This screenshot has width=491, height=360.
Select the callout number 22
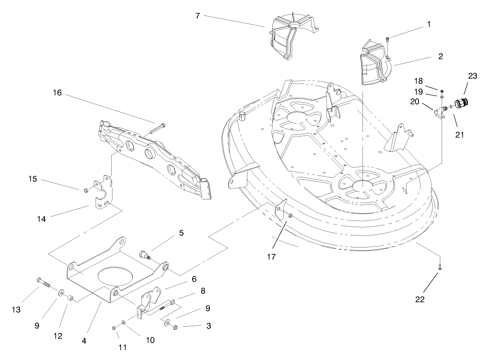[419, 299]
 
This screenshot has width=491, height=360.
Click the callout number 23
[472, 76]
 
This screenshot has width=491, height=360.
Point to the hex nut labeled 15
[85, 191]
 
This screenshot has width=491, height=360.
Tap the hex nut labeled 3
[175, 327]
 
